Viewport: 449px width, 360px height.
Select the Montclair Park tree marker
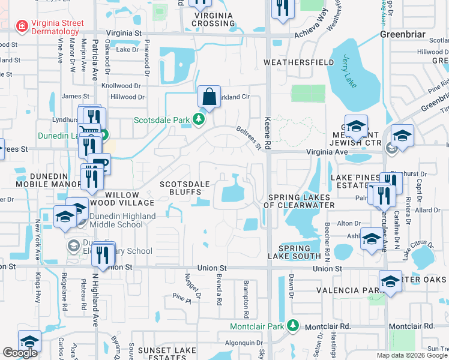point(293,325)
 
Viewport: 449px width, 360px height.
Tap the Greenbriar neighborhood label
point(403,34)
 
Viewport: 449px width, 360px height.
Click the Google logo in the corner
point(20,353)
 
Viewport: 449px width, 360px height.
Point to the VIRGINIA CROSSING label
point(213,18)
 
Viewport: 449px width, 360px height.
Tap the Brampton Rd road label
point(246,300)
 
